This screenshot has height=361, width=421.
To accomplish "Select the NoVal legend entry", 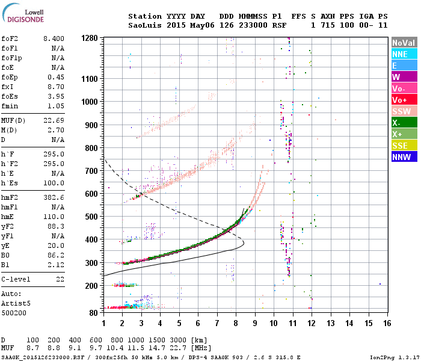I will click(404, 43).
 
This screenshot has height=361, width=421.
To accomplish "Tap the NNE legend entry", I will click(404, 54).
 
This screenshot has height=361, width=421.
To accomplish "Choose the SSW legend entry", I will click(404, 111).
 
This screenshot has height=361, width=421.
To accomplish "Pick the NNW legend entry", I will click(404, 157).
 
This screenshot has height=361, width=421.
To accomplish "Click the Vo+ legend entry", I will click(404, 100).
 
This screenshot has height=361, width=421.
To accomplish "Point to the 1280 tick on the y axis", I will click(90, 39).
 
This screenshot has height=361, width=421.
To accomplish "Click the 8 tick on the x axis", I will click(236, 323).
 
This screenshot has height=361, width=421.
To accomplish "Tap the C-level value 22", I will click(59, 280).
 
